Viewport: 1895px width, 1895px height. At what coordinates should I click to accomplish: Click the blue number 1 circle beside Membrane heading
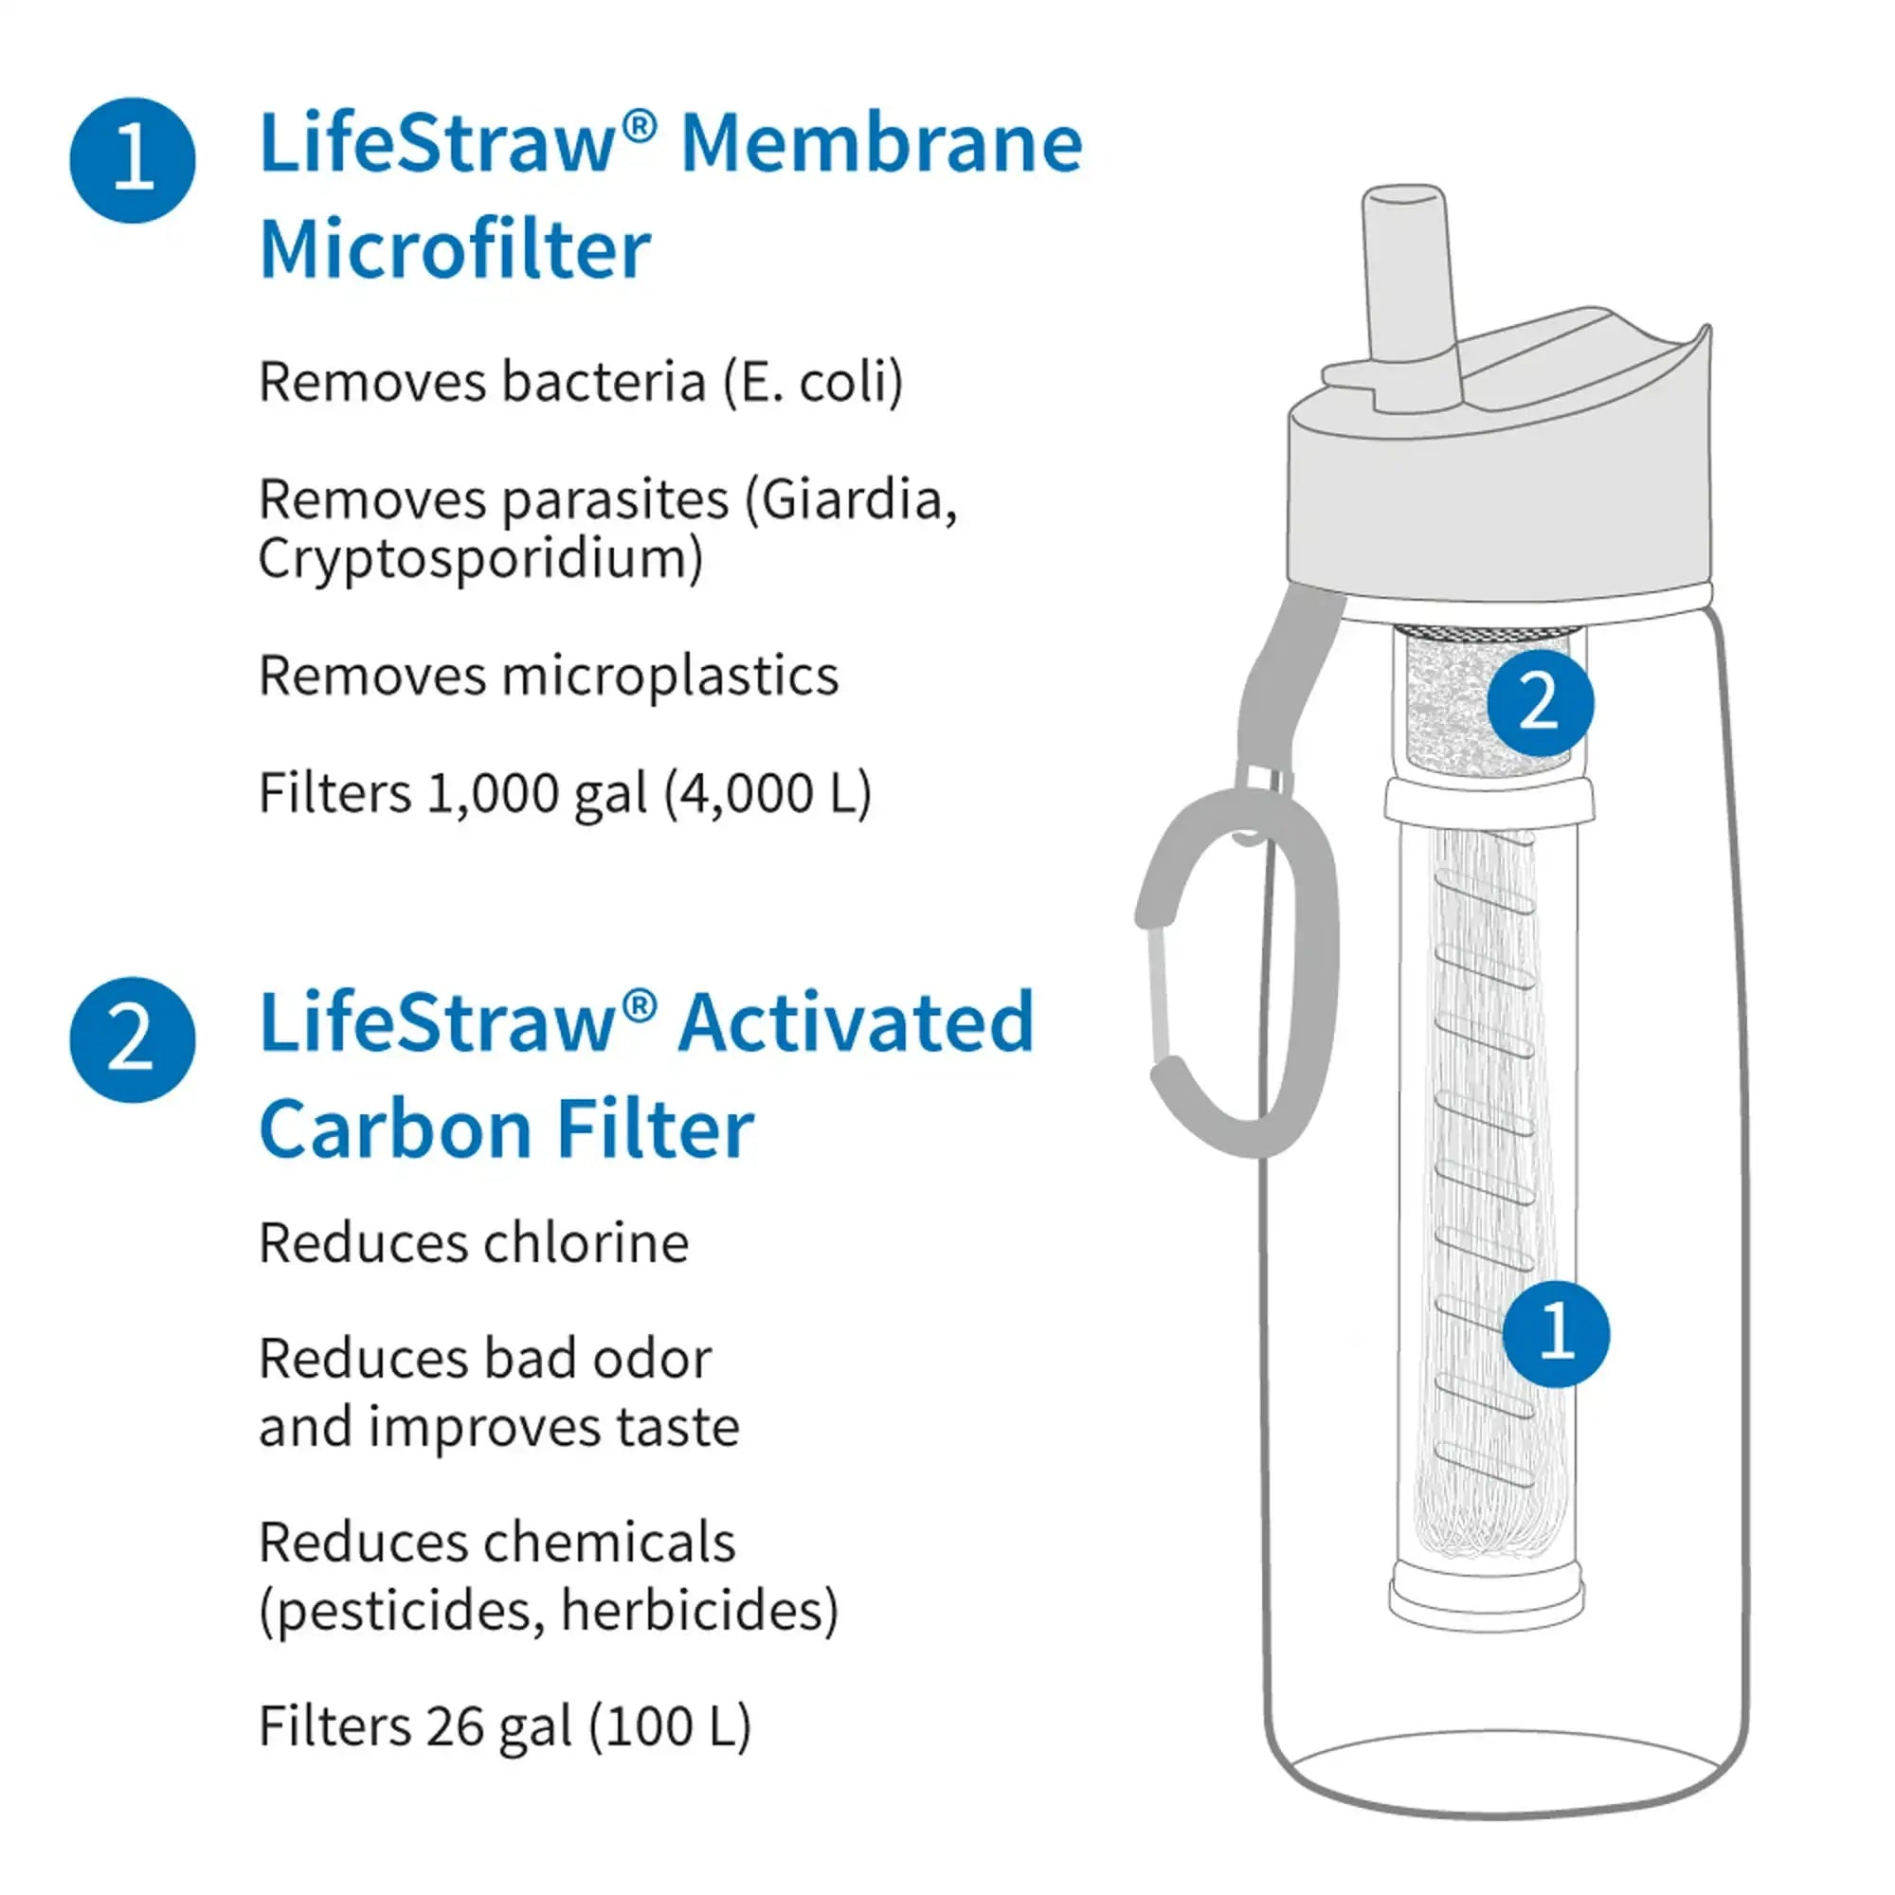133,160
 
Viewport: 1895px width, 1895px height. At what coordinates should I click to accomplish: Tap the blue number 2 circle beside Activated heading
133,1039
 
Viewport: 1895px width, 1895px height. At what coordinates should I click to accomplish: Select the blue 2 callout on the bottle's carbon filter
1540,702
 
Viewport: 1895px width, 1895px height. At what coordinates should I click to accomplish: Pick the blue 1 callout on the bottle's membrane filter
1557,1333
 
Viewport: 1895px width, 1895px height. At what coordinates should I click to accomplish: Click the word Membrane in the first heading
881,144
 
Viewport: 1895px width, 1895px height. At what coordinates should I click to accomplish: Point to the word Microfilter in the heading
455,250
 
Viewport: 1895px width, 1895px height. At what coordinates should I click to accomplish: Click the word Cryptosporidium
478,559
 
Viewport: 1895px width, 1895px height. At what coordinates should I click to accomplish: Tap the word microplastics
671,676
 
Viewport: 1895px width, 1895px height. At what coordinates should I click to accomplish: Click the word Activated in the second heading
857,1023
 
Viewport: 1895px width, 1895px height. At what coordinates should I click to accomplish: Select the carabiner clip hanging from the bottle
1237,971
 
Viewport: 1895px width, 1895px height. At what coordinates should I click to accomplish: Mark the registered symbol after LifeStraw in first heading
639,126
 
